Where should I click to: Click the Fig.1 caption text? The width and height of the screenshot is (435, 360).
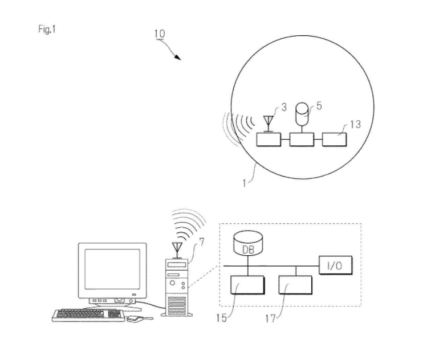coord(47,29)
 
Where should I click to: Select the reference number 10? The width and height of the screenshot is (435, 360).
coord(160,34)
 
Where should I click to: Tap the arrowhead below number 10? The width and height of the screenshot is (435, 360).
coord(177,57)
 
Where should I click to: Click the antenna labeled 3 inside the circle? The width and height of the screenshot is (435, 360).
coord(269,124)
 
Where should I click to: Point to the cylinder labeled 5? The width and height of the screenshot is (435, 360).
coord(302,113)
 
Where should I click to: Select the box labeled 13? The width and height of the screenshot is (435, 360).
coord(334,140)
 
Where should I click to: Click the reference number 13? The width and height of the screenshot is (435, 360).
coord(355,124)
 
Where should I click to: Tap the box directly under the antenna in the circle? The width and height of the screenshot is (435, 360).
coord(269,140)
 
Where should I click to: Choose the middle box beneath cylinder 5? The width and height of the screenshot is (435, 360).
coord(302,140)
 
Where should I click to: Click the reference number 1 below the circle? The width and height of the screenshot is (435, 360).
coord(244,183)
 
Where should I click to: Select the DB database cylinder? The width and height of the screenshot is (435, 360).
coord(248,244)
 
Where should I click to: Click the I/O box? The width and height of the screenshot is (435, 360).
coord(335,265)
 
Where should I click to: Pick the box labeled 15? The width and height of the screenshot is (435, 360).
coord(247,285)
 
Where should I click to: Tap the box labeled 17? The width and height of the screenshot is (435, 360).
coord(295,285)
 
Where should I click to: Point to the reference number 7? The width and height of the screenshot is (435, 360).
coord(202,242)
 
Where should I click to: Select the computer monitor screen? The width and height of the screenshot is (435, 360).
coord(112,269)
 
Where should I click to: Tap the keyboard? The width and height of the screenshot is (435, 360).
coord(88,316)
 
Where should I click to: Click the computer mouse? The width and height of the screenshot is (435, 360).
coord(135,319)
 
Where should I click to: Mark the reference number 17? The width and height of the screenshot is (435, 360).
coord(270,319)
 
